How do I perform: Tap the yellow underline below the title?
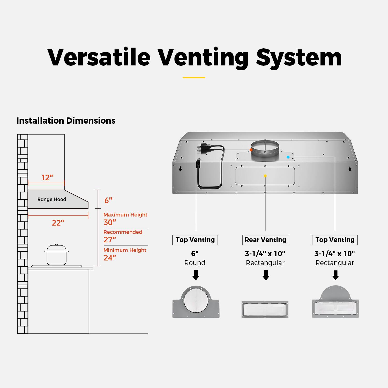point(194,77)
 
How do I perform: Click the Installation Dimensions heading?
point(66,121)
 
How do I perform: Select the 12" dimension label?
point(47,178)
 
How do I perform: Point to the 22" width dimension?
point(58,223)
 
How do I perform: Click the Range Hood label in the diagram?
point(52,199)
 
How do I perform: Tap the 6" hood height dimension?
point(108,200)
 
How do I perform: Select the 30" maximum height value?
point(110,222)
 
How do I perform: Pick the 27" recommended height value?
point(110,240)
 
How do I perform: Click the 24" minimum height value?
point(110,258)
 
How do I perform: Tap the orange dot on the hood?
point(251,150)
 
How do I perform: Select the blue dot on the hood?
point(288,157)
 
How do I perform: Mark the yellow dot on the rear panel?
point(265,176)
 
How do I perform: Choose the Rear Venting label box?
point(265,240)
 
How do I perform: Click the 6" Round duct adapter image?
point(196,302)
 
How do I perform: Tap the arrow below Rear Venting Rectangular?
point(266,275)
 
